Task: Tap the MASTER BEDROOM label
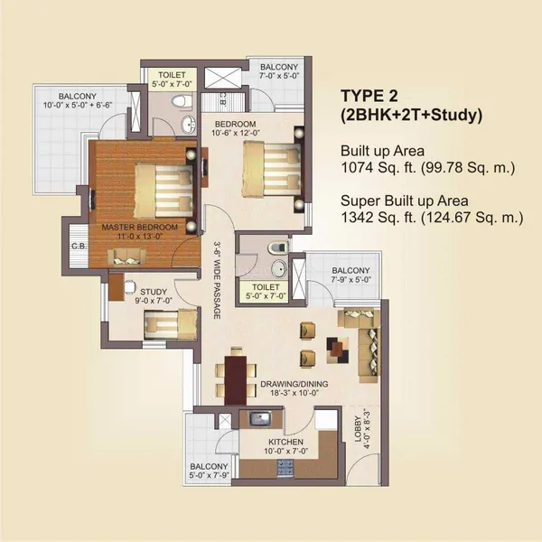point(138,226)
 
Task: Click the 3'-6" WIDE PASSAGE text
point(217,272)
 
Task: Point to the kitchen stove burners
point(288,469)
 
